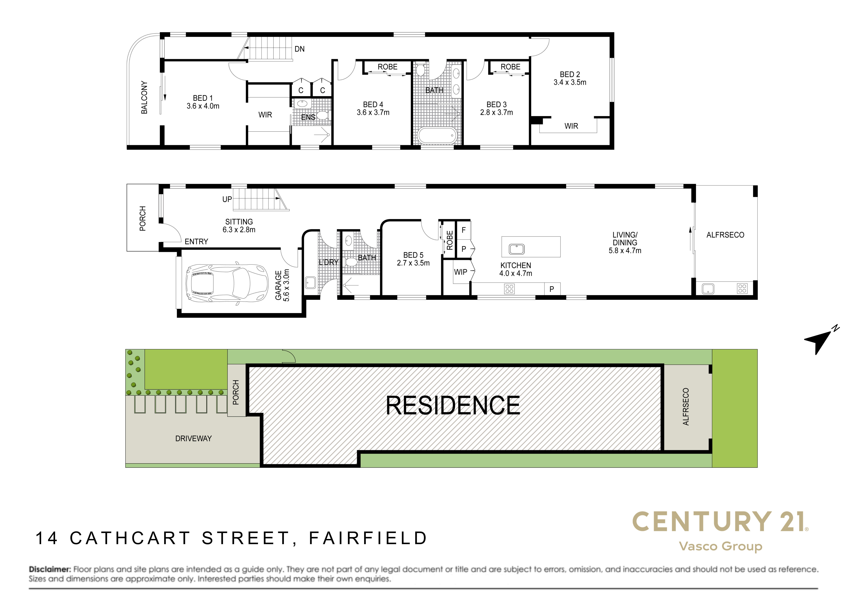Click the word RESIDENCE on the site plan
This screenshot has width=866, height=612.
453,406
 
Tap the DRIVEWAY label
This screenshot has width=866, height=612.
193,439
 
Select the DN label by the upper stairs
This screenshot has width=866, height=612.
299,49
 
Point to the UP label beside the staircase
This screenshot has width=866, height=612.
227,199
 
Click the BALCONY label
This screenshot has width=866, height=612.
144,97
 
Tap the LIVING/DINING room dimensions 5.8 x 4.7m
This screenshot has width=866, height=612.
625,250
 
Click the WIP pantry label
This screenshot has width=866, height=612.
461,272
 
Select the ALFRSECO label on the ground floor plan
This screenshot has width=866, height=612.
725,235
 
